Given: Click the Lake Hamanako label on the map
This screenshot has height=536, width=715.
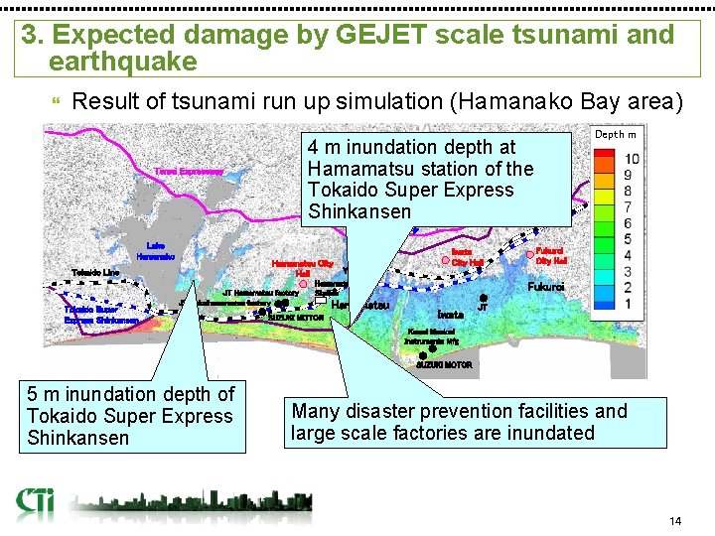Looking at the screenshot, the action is tap(155, 250).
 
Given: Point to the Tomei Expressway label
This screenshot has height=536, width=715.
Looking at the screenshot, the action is tap(189, 172).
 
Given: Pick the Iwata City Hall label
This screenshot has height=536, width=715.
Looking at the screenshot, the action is tap(467, 257).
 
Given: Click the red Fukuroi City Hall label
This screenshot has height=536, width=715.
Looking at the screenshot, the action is tap(550, 256).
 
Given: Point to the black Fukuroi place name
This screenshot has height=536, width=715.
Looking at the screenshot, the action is tap(546, 286).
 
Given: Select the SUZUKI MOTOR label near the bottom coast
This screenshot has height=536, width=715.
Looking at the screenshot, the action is tap(443, 365).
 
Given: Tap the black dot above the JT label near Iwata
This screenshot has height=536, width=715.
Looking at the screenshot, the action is tap(483, 297).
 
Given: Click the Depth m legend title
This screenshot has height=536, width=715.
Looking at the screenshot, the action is tap(615, 134).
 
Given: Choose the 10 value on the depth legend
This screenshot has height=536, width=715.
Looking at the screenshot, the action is tap(631, 159).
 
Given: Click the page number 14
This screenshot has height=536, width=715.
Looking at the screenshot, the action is tap(675, 521).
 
